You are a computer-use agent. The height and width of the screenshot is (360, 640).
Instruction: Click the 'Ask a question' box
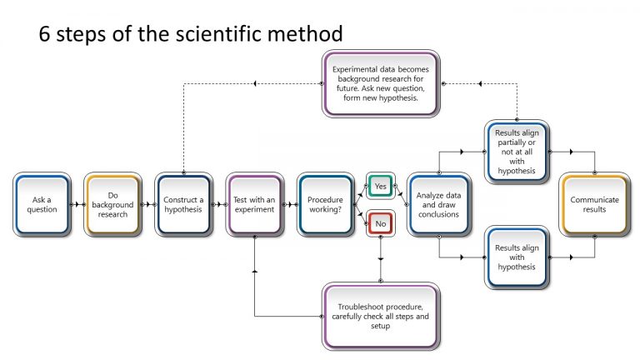click(x=41, y=204)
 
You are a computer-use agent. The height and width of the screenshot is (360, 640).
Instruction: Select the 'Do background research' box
click(x=112, y=204)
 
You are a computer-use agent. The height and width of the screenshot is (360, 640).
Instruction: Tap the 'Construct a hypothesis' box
click(x=182, y=204)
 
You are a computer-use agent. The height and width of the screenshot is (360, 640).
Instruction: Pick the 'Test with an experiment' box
click(x=253, y=204)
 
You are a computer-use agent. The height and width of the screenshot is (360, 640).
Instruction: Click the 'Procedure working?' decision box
click(x=325, y=204)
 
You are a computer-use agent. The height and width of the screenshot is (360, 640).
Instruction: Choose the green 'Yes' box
click(x=381, y=186)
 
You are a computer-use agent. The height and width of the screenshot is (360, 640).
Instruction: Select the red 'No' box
click(x=381, y=223)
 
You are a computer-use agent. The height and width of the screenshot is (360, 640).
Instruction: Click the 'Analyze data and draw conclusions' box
click(x=438, y=204)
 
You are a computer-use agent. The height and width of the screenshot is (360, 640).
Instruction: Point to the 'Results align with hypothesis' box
click(x=516, y=257)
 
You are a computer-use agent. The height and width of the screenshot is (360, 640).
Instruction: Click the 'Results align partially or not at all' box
click(x=516, y=152)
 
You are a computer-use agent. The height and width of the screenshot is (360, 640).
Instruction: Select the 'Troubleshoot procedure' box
click(x=381, y=316)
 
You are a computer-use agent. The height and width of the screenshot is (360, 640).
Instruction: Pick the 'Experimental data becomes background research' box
click(x=381, y=82)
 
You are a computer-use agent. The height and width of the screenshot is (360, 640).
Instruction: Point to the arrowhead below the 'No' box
click(x=381, y=258)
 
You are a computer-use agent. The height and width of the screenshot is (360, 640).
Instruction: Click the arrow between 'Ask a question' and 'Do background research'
click(x=77, y=204)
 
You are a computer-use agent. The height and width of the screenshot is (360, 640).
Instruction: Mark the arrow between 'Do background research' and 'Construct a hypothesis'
click(x=147, y=204)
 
